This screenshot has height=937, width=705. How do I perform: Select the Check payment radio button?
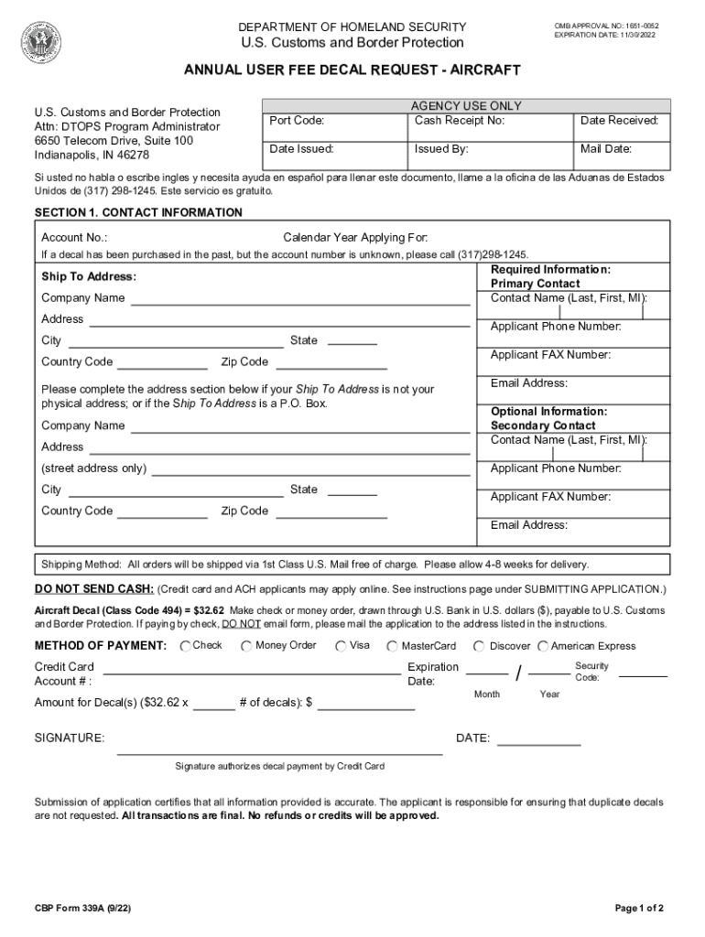click(186, 647)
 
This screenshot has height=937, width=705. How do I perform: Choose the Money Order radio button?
click(247, 647)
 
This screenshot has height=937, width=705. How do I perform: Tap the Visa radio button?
click(341, 647)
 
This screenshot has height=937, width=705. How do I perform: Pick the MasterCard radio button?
click(393, 647)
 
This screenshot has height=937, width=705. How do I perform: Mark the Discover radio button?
click(479, 647)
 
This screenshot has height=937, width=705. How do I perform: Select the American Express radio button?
click(543, 647)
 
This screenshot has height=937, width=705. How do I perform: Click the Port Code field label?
click(297, 121)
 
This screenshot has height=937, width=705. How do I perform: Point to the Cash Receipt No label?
click(460, 121)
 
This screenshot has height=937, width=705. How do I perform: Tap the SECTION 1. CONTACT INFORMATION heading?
click(138, 212)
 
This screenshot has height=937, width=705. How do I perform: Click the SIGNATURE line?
click(279, 753)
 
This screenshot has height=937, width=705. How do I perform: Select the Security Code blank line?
click(643, 675)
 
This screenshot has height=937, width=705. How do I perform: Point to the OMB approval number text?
click(606, 25)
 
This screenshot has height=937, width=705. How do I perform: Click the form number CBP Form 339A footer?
click(81, 908)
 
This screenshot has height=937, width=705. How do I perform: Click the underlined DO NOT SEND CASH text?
click(94, 588)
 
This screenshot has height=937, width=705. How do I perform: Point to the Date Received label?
click(619, 121)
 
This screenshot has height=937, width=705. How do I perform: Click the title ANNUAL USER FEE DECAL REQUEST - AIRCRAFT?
click(352, 70)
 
